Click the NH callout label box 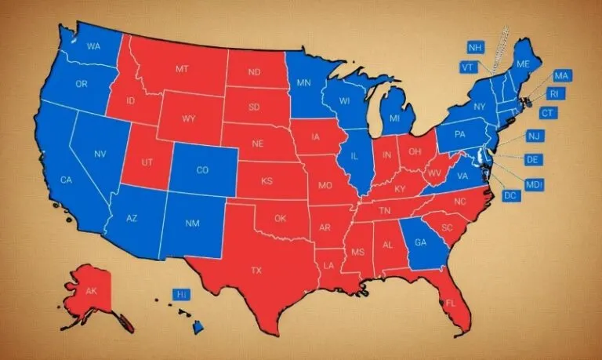[475, 48]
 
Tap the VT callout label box [468, 67]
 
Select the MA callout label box [561, 76]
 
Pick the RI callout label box [554, 94]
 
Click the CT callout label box [547, 113]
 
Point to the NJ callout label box [534, 136]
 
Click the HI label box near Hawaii [182, 294]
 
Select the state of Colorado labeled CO [202, 170]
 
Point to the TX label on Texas [256, 270]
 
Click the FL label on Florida [450, 302]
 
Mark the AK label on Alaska [92, 291]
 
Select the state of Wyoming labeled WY [188, 119]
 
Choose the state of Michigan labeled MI [394, 118]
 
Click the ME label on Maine [524, 64]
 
